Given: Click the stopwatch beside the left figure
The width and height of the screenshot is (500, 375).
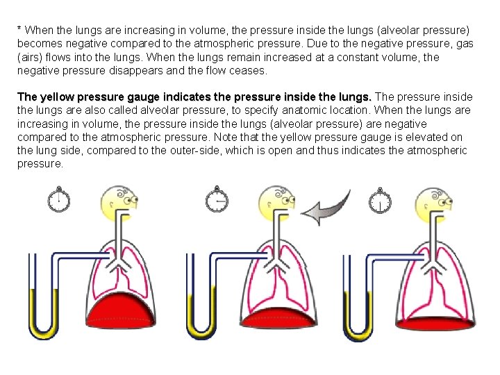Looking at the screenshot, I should [59, 200].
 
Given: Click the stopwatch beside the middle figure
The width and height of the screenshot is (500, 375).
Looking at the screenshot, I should [217, 200].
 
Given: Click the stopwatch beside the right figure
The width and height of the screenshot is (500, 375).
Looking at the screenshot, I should [380, 201].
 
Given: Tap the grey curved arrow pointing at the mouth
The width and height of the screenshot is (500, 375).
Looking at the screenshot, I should [326, 208].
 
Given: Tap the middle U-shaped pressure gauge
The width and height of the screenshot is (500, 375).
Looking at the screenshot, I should [201, 299].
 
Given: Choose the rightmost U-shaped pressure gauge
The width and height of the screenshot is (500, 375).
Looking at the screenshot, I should [359, 299].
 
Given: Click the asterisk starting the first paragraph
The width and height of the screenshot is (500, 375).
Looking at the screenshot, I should [20, 31].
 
